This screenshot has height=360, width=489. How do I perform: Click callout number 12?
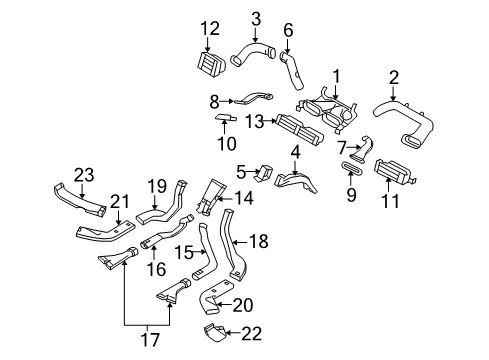tap(209, 28)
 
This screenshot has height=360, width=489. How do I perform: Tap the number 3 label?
tap(256, 18)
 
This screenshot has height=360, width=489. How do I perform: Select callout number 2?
tap(394, 77)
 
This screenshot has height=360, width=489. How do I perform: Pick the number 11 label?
tap(391, 203)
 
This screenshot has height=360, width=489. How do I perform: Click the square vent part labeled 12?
tap(212, 64)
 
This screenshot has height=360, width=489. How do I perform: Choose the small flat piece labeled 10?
tap(226, 119)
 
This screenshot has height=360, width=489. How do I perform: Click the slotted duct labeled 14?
tap(214, 196)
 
